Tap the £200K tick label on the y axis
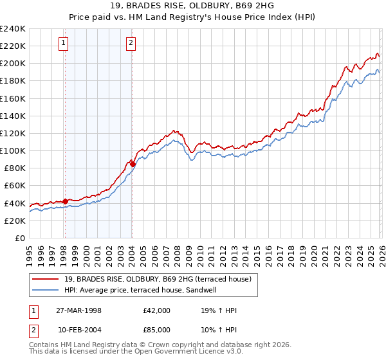click(x=13, y=63)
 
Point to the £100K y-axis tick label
click(x=13, y=150)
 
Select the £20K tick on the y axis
click(x=15, y=221)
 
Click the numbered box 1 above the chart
click(x=64, y=43)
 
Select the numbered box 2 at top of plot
click(x=131, y=43)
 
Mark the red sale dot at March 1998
click(x=65, y=201)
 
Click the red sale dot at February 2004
click(x=132, y=164)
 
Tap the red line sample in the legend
click(x=46, y=278)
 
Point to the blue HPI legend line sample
click(x=46, y=289)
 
